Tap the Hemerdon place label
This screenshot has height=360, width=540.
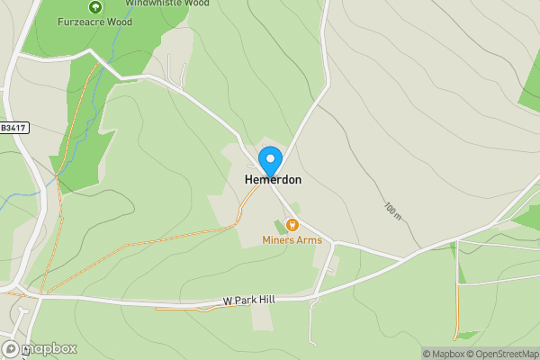coord(273,180)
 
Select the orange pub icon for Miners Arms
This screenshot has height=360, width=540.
coord(292,224)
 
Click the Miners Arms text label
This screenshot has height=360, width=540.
coord(292,239)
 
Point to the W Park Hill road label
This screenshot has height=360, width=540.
coord(249,300)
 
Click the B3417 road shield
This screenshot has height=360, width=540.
coord(13,129)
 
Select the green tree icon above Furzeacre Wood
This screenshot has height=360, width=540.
coord(92,6)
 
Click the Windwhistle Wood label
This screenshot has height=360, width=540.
coord(166,3)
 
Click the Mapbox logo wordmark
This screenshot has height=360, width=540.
coord(49,349)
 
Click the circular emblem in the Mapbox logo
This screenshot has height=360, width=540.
coord(11,349)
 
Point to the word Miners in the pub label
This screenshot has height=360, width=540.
coord(278,239)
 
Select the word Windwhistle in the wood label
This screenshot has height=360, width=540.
coord(153,3)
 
